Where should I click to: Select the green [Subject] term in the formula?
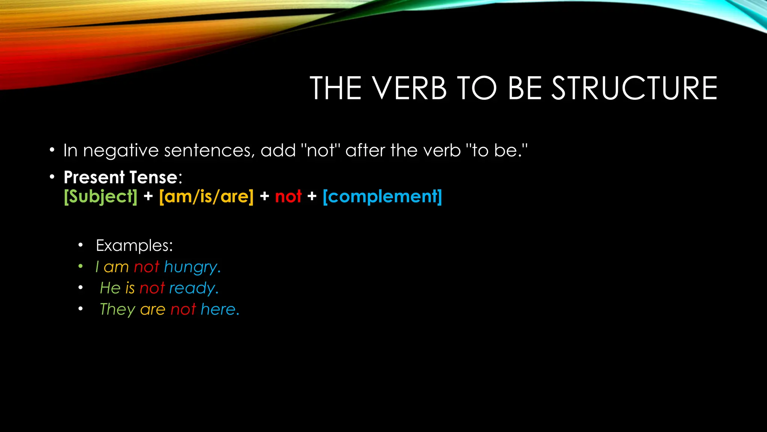[x=101, y=196]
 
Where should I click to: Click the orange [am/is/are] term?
[x=206, y=196]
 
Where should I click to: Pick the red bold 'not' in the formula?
[x=288, y=196]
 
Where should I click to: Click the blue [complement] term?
[x=382, y=196]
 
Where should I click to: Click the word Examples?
[x=134, y=246]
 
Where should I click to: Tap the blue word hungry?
[x=191, y=267]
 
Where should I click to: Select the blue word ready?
[x=193, y=288]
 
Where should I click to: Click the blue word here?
[x=219, y=309]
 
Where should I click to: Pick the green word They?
[x=117, y=310]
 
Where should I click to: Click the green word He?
[x=110, y=288]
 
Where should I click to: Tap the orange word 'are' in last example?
[x=152, y=310]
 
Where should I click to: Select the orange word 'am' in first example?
[x=116, y=267]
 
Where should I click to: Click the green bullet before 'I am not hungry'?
[x=80, y=267]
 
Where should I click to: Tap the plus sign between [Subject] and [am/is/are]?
[x=148, y=196]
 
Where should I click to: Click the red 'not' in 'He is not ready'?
[x=152, y=288]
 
